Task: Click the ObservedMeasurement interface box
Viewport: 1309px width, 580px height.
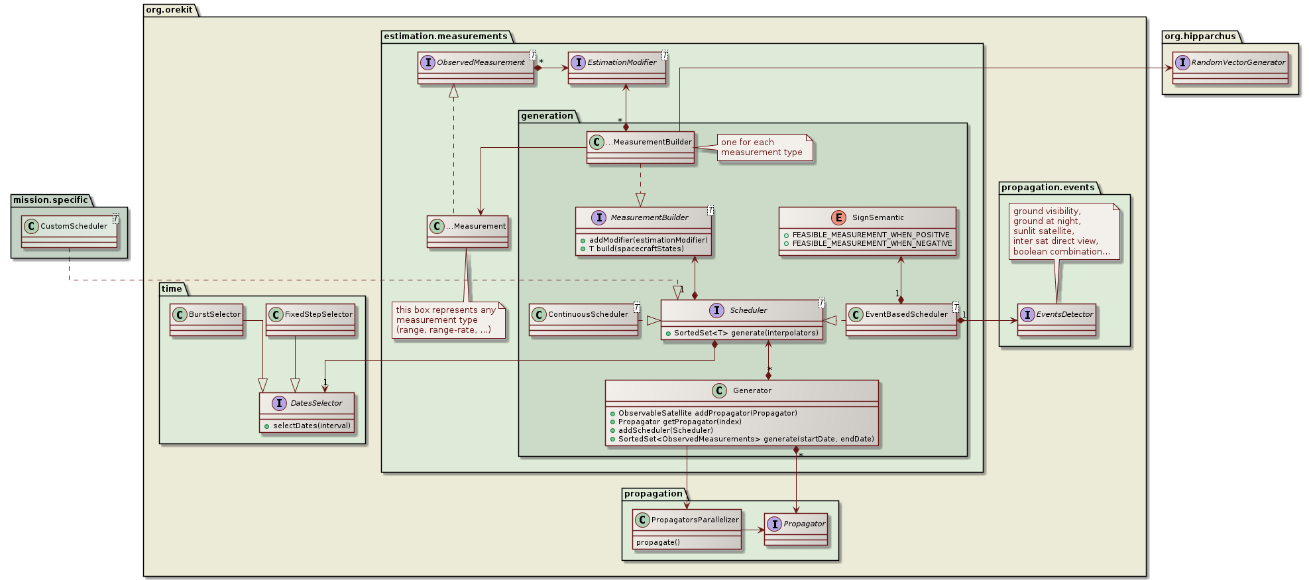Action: click(475, 67)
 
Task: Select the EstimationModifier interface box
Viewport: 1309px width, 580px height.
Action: click(616, 67)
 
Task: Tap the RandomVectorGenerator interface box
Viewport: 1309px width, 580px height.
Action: click(1230, 67)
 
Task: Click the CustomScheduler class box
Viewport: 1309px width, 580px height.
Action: click(70, 231)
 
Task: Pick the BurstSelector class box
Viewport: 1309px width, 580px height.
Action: click(207, 319)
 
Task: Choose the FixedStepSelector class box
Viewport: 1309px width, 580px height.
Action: click(311, 319)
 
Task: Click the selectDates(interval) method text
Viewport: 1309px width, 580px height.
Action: click(312, 426)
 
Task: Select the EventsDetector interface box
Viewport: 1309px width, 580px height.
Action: click(1056, 319)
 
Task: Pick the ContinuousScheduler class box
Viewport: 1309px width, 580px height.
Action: click(584, 319)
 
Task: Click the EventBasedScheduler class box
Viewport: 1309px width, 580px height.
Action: click(901, 319)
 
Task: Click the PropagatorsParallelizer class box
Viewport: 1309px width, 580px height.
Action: click(687, 528)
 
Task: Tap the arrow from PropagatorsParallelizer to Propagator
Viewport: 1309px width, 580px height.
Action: click(753, 530)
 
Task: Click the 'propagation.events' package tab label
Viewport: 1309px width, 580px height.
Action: click(1047, 188)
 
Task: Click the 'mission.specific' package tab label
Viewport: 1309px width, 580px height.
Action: click(50, 200)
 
